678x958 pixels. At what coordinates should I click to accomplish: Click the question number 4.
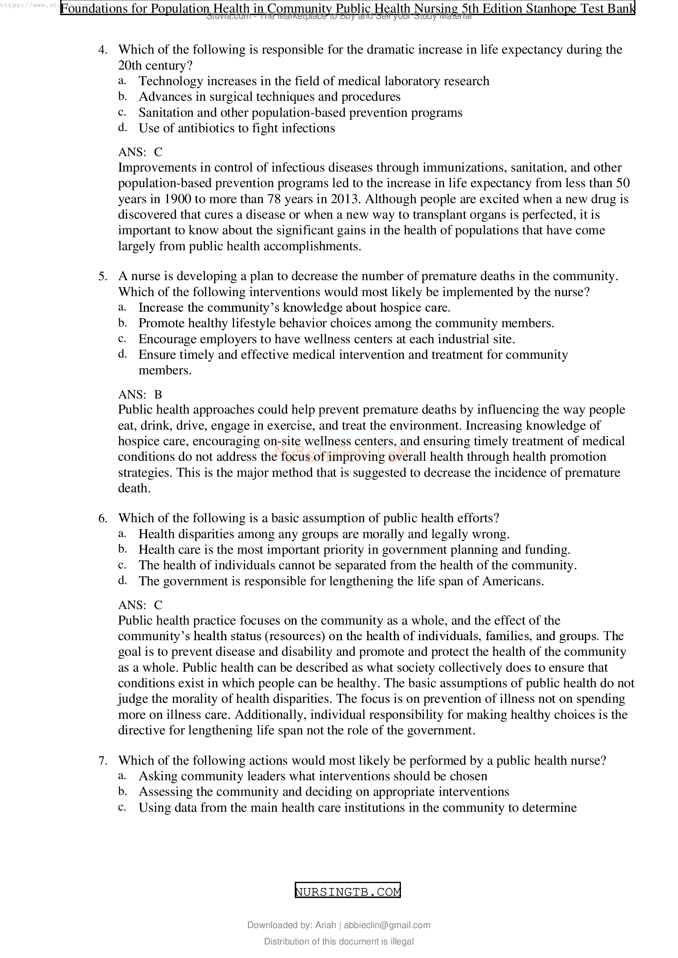[102, 50]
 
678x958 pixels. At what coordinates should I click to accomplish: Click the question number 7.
[102, 761]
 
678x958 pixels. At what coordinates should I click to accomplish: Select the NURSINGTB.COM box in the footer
[347, 892]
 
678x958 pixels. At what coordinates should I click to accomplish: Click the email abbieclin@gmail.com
[387, 925]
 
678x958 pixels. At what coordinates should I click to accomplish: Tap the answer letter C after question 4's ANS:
[158, 152]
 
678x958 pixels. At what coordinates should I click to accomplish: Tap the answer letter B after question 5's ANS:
[158, 394]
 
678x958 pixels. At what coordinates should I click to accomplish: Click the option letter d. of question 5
[122, 354]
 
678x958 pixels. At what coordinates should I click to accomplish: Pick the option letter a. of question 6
[122, 534]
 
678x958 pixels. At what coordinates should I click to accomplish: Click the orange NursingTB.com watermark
[341, 452]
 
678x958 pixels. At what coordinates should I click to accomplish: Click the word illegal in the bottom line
[403, 941]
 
